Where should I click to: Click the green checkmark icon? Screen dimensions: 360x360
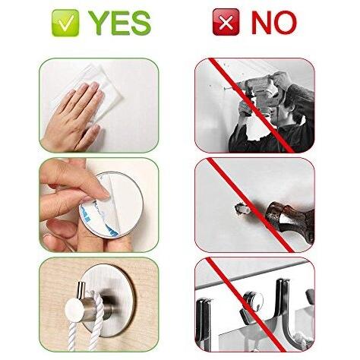pyautogui.click(x=65, y=23)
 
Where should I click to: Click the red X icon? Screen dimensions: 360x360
pyautogui.click(x=226, y=22)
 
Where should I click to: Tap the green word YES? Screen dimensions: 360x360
pyautogui.click(x=119, y=23)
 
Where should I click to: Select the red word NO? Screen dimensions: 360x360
pyautogui.click(x=274, y=23)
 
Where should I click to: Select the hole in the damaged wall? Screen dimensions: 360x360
pyautogui.click(x=241, y=208)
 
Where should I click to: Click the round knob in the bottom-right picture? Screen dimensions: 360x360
pyautogui.click(x=253, y=302)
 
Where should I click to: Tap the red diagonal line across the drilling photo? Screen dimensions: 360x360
pyautogui.click(x=251, y=106)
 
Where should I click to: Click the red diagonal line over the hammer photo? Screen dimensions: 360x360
pyautogui.click(x=251, y=205)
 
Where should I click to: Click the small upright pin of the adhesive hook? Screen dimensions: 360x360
pyautogui.click(x=81, y=290)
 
